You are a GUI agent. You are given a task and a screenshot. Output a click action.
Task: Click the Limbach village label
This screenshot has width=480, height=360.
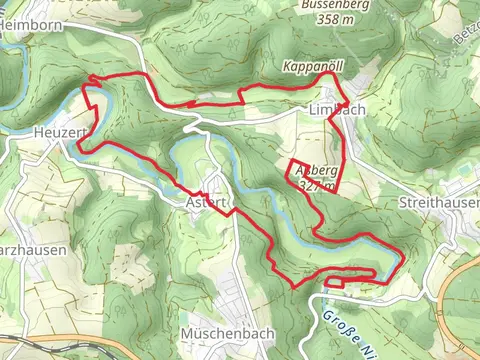(335, 109)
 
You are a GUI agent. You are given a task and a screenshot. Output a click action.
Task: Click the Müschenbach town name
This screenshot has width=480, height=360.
(222, 332)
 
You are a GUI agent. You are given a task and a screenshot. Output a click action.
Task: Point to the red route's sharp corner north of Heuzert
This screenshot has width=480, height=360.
(91, 77)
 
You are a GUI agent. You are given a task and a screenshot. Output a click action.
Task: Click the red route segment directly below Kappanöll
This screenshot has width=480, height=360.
(300, 87)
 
